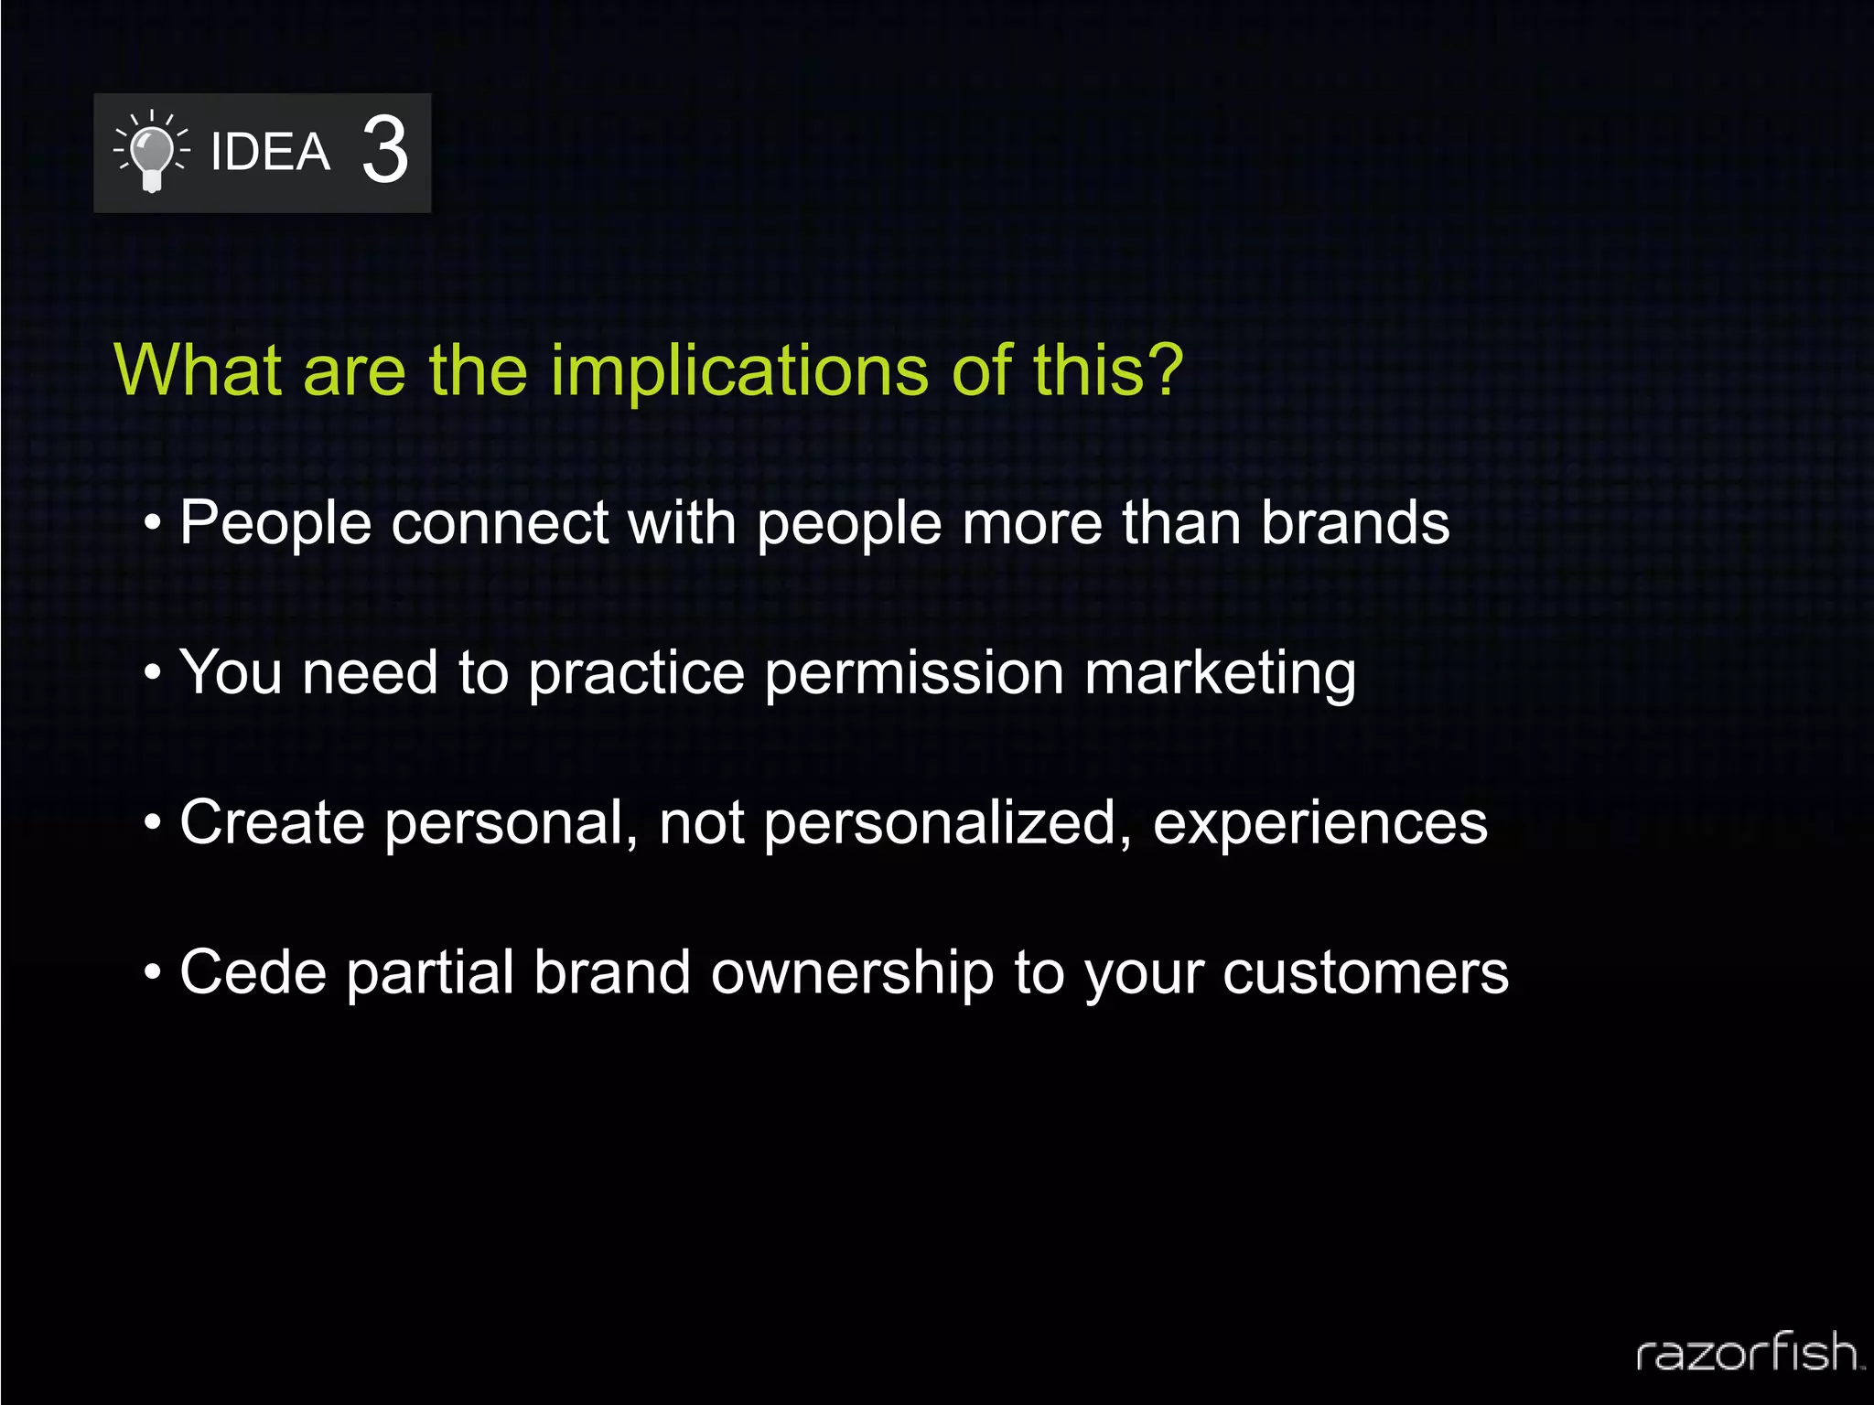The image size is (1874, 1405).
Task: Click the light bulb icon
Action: click(152, 153)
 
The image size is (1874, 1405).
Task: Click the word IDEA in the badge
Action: click(270, 152)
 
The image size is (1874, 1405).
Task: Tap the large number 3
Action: click(384, 150)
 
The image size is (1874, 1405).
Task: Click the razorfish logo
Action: click(1748, 1352)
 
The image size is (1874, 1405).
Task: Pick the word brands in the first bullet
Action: click(1355, 523)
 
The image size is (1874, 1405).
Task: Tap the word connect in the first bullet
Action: click(500, 523)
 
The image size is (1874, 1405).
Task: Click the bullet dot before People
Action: click(153, 525)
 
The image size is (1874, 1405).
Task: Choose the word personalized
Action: click(947, 823)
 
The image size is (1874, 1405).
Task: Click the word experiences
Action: click(1319, 823)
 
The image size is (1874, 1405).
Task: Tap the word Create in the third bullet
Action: click(272, 822)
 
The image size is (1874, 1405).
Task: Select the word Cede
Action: click(253, 971)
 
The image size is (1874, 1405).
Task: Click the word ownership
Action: click(852, 973)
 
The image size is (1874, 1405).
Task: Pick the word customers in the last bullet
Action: click(1365, 973)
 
